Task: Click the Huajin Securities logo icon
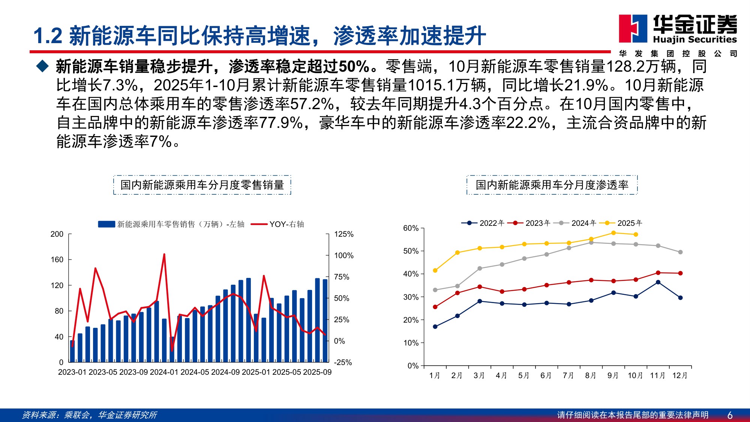click(x=633, y=29)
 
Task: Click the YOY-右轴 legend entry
click(x=277, y=224)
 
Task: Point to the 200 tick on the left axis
click(x=57, y=234)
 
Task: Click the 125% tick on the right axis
click(x=343, y=234)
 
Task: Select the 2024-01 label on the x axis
click(x=164, y=372)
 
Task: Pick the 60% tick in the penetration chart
click(x=411, y=228)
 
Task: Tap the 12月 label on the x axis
click(x=680, y=375)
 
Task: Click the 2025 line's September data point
click(x=613, y=233)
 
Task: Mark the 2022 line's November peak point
click(x=658, y=282)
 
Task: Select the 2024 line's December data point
click(x=680, y=252)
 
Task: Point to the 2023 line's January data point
click(x=435, y=307)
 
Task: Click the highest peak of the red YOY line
click(x=164, y=255)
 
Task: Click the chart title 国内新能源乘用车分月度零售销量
click(x=202, y=185)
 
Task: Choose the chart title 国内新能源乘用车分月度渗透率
click(x=552, y=185)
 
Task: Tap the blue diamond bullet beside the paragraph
click(x=42, y=66)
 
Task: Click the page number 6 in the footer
click(x=730, y=415)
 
